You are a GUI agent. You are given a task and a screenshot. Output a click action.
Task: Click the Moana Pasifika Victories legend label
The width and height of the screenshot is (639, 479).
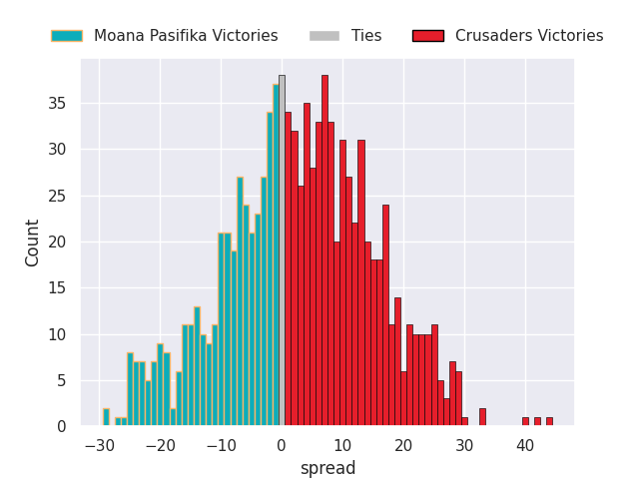186,36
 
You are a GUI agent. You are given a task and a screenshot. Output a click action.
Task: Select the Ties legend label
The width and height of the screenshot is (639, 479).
366,36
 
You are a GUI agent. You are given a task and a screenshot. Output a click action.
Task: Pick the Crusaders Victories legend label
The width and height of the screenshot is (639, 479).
529,36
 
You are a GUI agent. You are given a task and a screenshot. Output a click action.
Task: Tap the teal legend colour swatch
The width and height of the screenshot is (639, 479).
67,36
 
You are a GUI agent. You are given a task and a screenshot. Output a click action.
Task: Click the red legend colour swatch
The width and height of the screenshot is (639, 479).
427,36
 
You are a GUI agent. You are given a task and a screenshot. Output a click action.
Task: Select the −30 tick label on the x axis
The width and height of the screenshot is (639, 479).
98,446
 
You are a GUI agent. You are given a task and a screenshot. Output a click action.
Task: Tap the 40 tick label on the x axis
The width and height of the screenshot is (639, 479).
525,446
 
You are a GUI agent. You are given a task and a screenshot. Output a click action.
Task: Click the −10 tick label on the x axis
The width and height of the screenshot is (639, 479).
220,446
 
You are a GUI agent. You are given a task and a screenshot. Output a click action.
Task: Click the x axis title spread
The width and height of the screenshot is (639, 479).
327,468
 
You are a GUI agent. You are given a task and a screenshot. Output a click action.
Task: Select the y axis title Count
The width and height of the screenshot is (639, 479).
33,242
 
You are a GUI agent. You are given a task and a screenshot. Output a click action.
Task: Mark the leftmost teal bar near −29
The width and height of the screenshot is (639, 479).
106,417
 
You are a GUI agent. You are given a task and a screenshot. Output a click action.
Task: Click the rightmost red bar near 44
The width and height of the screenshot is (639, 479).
549,421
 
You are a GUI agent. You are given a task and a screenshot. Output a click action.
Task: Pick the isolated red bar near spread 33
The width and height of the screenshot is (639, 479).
482,417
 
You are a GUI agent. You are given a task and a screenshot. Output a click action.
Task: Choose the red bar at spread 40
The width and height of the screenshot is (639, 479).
525,421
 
